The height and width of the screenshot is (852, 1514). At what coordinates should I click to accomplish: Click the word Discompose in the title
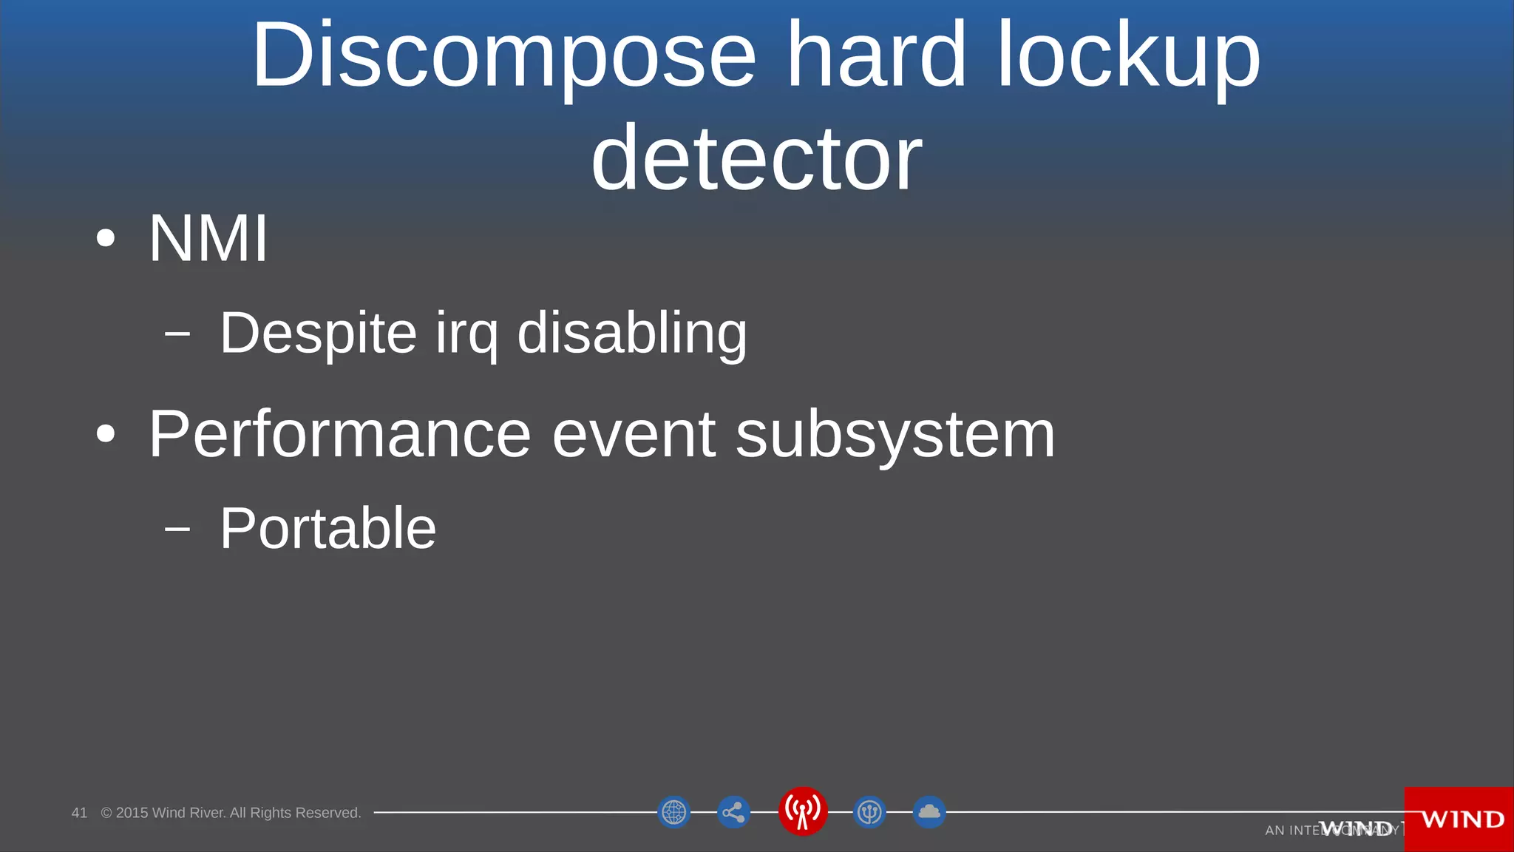504,56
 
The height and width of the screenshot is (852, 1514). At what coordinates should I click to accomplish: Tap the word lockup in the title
1128,56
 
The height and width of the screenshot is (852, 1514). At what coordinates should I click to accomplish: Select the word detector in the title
756,158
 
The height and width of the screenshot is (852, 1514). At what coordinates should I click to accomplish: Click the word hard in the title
876,55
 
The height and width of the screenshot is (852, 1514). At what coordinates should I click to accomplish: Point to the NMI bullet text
208,239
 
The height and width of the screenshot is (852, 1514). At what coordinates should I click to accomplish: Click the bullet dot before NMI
106,238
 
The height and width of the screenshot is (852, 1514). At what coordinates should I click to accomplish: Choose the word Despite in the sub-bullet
318,334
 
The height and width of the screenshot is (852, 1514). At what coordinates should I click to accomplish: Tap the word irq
466,334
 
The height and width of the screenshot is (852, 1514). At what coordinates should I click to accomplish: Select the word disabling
632,334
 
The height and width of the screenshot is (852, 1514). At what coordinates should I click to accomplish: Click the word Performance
339,435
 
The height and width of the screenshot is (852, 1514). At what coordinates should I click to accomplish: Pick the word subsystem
895,435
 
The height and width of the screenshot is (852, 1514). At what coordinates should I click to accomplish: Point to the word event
634,435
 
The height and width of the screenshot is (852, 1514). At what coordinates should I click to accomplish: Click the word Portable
328,528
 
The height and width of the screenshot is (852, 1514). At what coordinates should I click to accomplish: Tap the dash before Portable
177,529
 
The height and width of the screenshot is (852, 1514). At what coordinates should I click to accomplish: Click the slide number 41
79,813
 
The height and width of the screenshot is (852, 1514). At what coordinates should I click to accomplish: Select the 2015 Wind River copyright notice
231,813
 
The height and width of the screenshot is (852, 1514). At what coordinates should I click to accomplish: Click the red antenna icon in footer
803,811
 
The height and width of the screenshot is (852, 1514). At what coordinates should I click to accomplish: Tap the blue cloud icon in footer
929,812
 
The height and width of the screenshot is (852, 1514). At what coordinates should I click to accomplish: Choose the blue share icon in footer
733,812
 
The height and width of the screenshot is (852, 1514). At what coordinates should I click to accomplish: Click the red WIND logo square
1459,819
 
